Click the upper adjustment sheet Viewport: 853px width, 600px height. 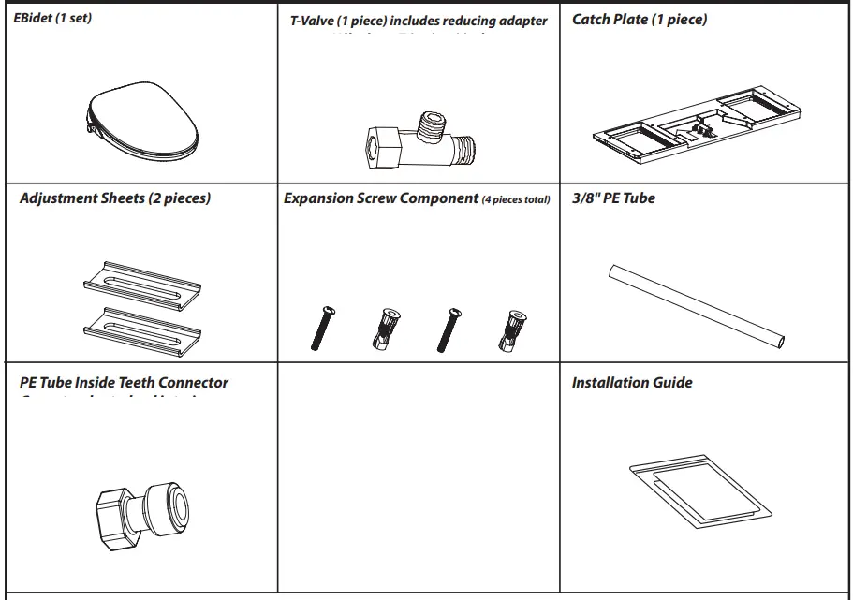(x=140, y=280)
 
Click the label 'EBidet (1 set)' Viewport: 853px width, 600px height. (x=52, y=18)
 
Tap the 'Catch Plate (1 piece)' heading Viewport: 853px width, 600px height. (x=640, y=20)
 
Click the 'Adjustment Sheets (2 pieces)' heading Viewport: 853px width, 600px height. (x=115, y=198)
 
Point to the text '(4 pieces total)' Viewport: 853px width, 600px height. (x=516, y=199)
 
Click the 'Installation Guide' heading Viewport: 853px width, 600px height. (x=632, y=382)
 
